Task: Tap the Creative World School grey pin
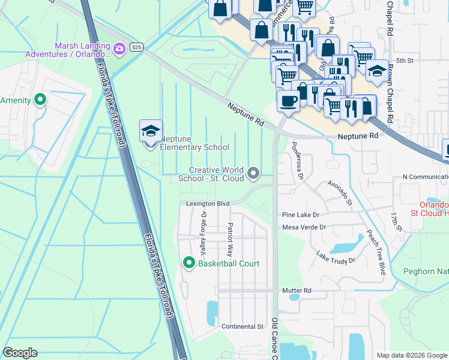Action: tap(254, 173)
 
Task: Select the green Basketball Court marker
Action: tap(188, 263)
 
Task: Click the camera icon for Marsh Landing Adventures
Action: tap(119, 48)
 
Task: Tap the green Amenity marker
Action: tap(41, 100)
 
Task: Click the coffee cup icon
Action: tap(288, 100)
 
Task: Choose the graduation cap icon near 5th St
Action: tap(377, 71)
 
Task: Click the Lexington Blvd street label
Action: tap(208, 204)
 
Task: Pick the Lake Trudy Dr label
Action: tap(336, 257)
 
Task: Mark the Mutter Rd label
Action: tap(297, 290)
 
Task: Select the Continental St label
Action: tap(243, 326)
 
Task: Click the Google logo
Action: tap(20, 353)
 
